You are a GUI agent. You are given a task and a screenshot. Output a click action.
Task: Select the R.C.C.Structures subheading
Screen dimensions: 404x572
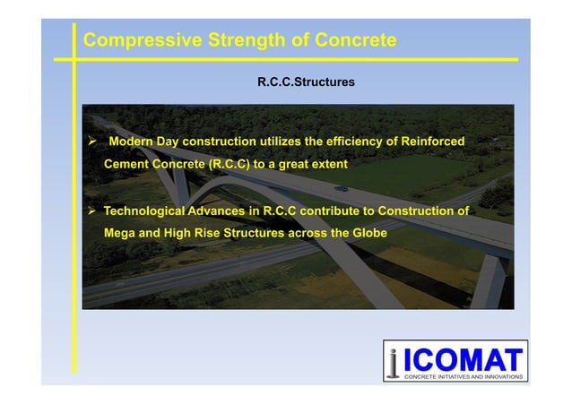306,82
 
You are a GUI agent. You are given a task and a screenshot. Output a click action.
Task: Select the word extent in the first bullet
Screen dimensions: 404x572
326,165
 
